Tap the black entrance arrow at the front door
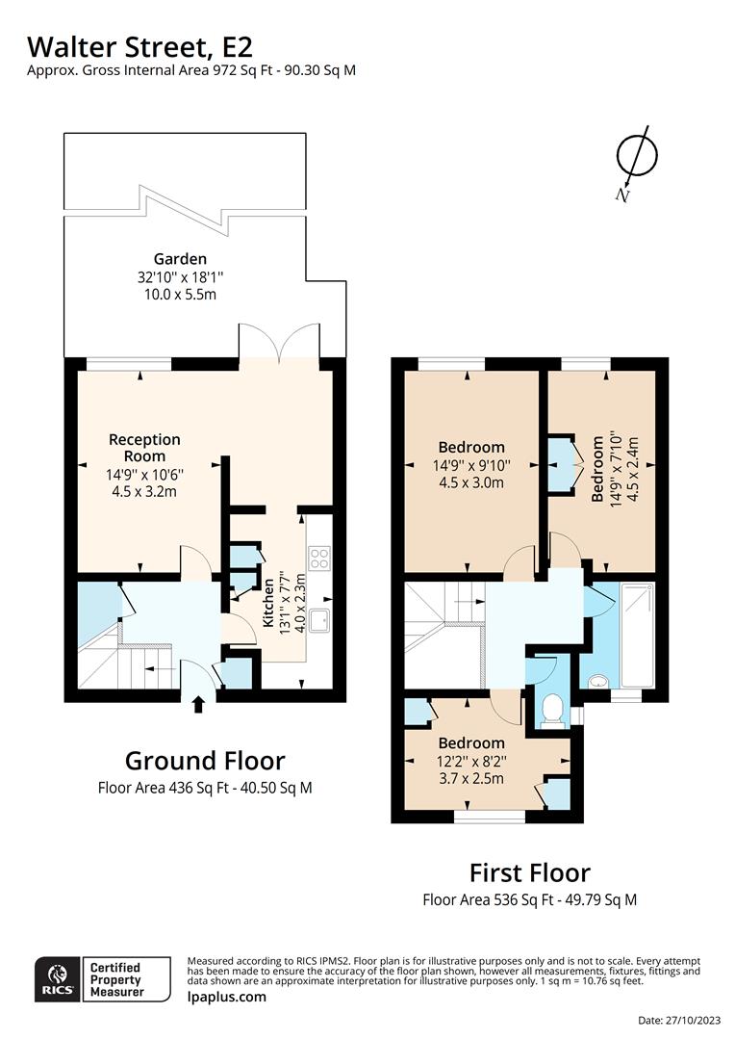pos(199,706)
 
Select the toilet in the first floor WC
pos(552,711)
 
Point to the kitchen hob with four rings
pos(318,559)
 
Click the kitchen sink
pos(318,619)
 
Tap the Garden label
pos(180,258)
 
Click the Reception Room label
pos(144,448)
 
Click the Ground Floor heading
pos(205,761)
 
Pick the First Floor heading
pos(529,872)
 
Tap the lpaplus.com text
pos(226,997)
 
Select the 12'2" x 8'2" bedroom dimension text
pos(471,761)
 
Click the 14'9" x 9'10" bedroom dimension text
pos(471,465)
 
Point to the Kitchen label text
pos(270,598)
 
